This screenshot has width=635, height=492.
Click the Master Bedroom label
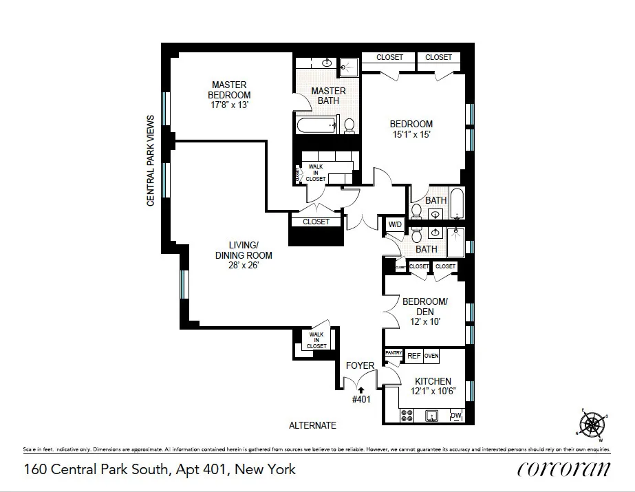pos(230,90)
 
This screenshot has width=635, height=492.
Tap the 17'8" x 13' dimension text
pos(230,105)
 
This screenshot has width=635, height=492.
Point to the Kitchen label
pos(433,381)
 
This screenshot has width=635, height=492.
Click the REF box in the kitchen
pos(413,356)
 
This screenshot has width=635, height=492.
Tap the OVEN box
pos(431,356)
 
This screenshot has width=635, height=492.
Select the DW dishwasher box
pos(455,415)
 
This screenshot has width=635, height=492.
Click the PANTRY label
pos(394,353)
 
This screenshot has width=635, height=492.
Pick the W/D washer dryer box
pos(395,224)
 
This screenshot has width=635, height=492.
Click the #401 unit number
pos(361,399)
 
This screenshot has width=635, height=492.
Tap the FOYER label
pos(360,365)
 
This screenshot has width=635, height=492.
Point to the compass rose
pos(592,424)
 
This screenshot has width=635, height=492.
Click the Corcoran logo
pos(563,469)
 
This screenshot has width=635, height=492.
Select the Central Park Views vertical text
pos(151,160)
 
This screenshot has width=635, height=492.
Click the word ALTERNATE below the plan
pos(312,425)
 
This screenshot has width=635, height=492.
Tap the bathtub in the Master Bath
pos(316,125)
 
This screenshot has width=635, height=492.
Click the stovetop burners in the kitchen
pos(407,416)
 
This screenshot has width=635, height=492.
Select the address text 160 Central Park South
pos(160,469)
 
